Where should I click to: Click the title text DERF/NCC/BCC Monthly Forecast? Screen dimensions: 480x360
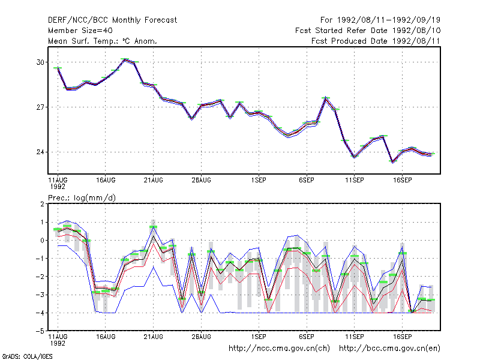(x=112, y=20)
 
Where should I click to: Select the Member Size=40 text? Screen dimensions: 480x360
(x=80, y=31)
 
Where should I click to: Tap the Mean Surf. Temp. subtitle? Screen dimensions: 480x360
(x=103, y=41)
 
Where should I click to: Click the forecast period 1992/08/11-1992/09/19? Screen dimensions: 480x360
(x=380, y=20)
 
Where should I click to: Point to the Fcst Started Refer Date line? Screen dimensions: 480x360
(x=368, y=31)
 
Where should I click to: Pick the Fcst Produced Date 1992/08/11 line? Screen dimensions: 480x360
(x=376, y=41)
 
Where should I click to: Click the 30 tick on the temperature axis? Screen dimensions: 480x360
(x=40, y=62)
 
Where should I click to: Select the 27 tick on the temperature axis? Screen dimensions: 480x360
(x=40, y=107)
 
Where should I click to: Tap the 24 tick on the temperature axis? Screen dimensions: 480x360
(x=40, y=152)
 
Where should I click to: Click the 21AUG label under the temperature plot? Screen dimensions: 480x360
(x=154, y=180)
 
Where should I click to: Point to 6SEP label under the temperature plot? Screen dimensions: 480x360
(x=307, y=180)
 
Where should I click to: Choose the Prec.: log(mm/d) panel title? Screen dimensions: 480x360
(x=82, y=198)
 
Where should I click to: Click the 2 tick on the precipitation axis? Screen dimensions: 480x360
(x=42, y=204)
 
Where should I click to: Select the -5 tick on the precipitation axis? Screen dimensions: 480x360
(x=40, y=331)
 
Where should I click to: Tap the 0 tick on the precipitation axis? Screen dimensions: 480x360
(x=42, y=241)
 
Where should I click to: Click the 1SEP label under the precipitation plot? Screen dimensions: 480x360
(x=259, y=337)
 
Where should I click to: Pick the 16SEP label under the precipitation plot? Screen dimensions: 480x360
(x=402, y=337)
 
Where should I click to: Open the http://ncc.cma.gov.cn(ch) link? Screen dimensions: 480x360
(x=279, y=349)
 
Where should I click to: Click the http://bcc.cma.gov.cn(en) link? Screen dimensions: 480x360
(x=389, y=349)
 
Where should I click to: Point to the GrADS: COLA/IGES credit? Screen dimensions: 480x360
(x=27, y=356)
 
